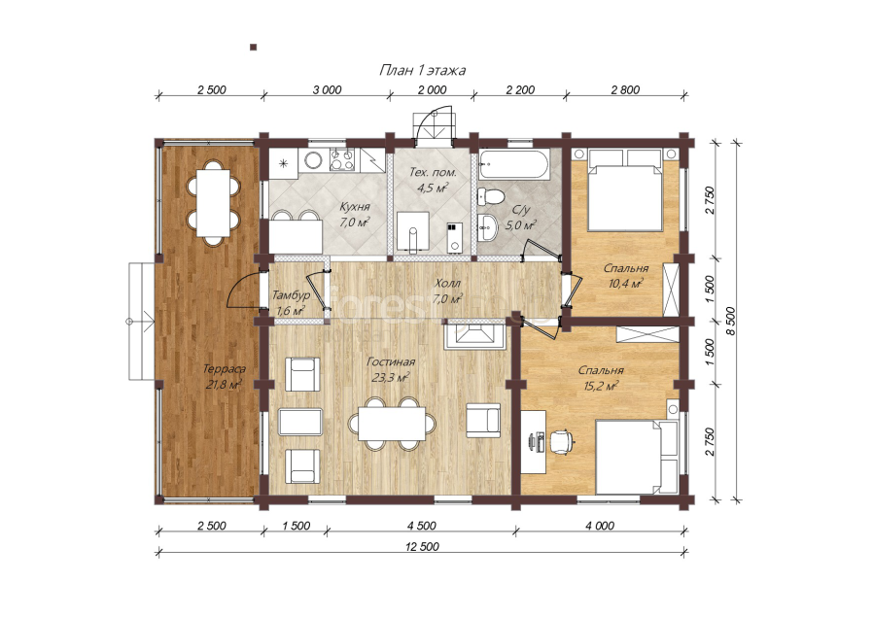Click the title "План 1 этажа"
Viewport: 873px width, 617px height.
tap(422, 70)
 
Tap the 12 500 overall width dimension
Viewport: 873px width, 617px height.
tap(422, 546)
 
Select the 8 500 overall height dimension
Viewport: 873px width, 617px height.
tap(731, 321)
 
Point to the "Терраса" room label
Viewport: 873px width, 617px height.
tap(224, 369)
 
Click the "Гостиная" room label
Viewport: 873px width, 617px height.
tap(390, 361)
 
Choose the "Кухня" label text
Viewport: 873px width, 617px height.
tap(355, 207)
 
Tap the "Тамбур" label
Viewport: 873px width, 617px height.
tap(290, 296)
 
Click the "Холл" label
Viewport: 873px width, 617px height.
tap(447, 283)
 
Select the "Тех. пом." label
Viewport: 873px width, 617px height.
tap(433, 172)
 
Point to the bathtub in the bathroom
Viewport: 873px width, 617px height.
tap(514, 163)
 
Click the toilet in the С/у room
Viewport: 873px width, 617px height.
tap(491, 196)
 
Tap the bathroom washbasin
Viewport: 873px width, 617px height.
tap(488, 226)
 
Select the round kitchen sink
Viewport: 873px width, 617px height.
tap(313, 160)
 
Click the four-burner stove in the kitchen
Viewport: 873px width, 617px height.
tap(342, 159)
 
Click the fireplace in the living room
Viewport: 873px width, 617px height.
tap(474, 336)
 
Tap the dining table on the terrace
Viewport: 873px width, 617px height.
tap(213, 202)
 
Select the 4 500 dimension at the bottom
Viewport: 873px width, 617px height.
tap(422, 526)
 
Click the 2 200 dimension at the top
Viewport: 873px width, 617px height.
tap(520, 89)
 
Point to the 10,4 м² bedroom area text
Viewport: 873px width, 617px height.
tap(626, 283)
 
